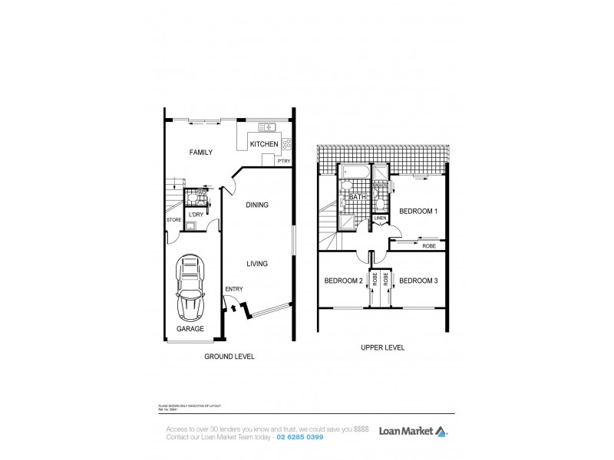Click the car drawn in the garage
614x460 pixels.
190,287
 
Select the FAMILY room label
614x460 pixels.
200,153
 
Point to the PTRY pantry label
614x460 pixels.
284,161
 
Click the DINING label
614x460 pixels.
256,205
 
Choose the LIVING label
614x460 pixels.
256,264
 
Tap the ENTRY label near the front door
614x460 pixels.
233,288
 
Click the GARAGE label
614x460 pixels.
190,328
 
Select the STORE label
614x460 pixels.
173,221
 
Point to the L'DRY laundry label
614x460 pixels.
196,215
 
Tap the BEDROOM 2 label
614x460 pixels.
343,281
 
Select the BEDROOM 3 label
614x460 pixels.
418,281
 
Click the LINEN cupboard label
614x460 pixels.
380,218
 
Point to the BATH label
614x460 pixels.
357,197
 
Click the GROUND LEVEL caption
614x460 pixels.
229,356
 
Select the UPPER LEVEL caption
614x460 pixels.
382,347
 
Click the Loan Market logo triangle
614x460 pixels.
441,431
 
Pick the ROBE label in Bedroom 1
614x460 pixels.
429,246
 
